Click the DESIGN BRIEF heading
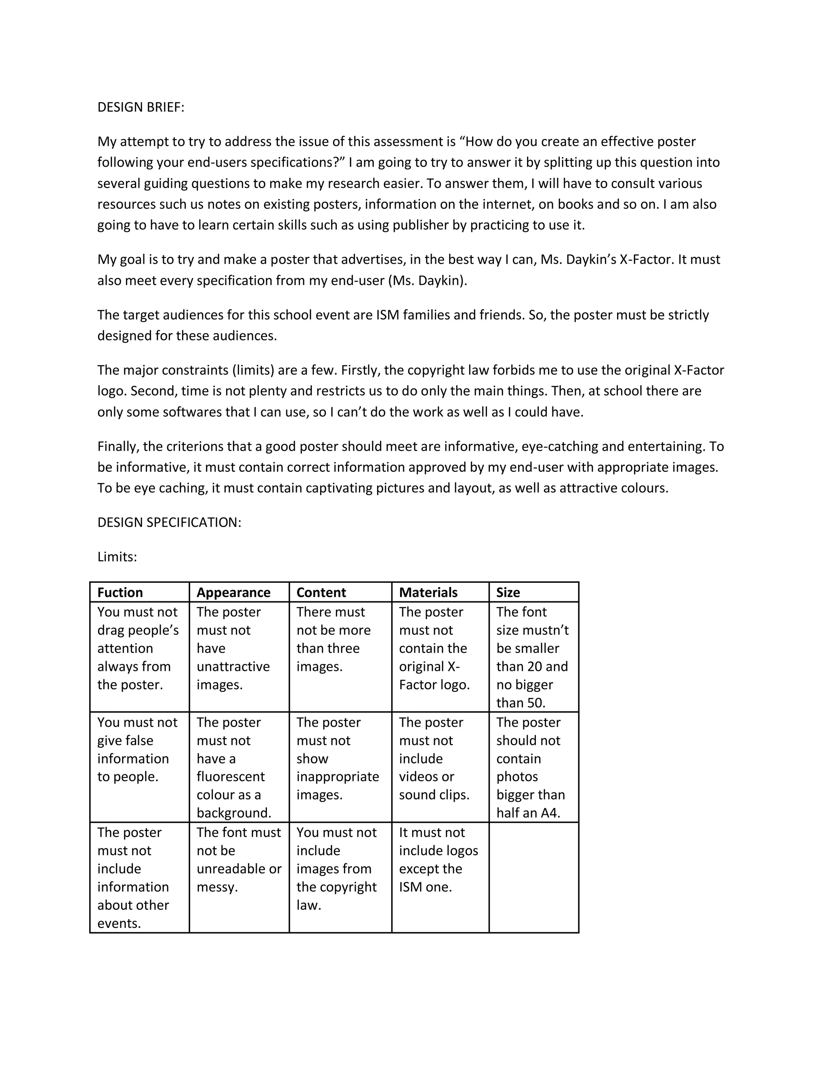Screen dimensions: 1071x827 (x=141, y=107)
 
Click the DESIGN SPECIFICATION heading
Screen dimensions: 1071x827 (x=169, y=522)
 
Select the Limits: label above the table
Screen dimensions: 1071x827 (x=117, y=557)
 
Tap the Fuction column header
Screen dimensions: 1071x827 (x=120, y=592)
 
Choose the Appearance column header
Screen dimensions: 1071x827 (x=233, y=592)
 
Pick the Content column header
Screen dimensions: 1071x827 (x=321, y=592)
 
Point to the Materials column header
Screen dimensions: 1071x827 (x=428, y=592)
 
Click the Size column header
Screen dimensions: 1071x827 (x=508, y=592)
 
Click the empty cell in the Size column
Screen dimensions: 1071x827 (x=533, y=878)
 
